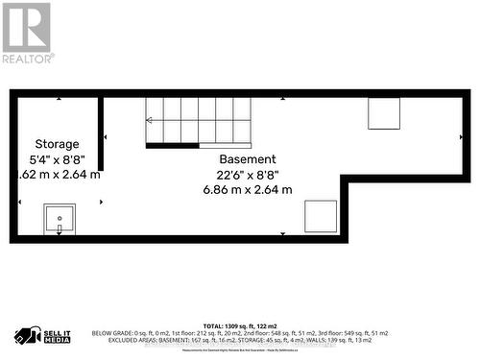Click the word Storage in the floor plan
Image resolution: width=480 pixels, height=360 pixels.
click(x=58, y=143)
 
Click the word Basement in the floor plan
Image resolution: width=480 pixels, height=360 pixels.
click(x=248, y=158)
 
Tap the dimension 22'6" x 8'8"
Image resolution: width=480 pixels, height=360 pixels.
click(x=248, y=175)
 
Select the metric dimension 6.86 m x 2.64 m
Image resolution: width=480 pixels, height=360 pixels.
click(x=248, y=190)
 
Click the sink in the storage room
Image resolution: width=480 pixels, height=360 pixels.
click(x=60, y=219)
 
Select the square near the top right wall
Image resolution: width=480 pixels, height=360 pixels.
click(x=385, y=113)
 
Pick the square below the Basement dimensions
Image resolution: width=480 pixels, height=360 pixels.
click(x=321, y=215)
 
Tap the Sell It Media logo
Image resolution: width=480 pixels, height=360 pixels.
click(x=41, y=336)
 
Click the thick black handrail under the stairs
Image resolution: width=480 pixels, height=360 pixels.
click(x=172, y=146)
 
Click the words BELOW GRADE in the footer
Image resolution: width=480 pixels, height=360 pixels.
click(x=112, y=333)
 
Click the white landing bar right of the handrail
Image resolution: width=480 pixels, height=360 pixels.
click(x=226, y=146)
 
